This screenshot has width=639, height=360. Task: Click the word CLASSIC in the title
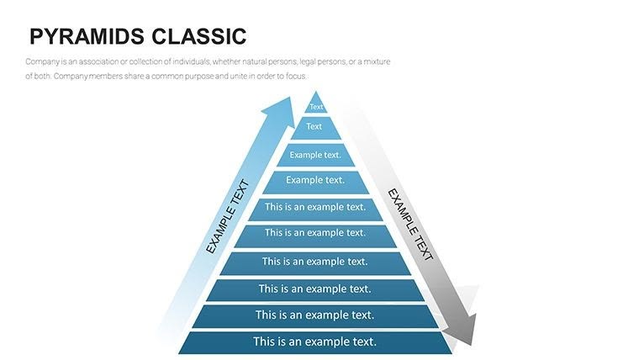click(199, 36)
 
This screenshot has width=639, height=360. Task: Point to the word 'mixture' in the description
click(375, 62)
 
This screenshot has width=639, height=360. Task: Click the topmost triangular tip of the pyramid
click(316, 105)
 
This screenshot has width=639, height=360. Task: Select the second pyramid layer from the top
click(314, 127)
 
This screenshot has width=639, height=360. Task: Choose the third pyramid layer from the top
click(315, 155)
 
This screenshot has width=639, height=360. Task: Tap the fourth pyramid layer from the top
click(315, 181)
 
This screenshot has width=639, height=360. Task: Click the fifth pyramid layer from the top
click(315, 207)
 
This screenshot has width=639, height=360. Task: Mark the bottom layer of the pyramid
click(315, 342)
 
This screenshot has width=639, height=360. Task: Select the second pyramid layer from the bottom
click(315, 315)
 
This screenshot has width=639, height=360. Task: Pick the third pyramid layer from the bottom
click(315, 289)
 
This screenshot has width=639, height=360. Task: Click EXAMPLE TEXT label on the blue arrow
click(228, 217)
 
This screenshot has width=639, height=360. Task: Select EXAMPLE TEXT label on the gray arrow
click(409, 224)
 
